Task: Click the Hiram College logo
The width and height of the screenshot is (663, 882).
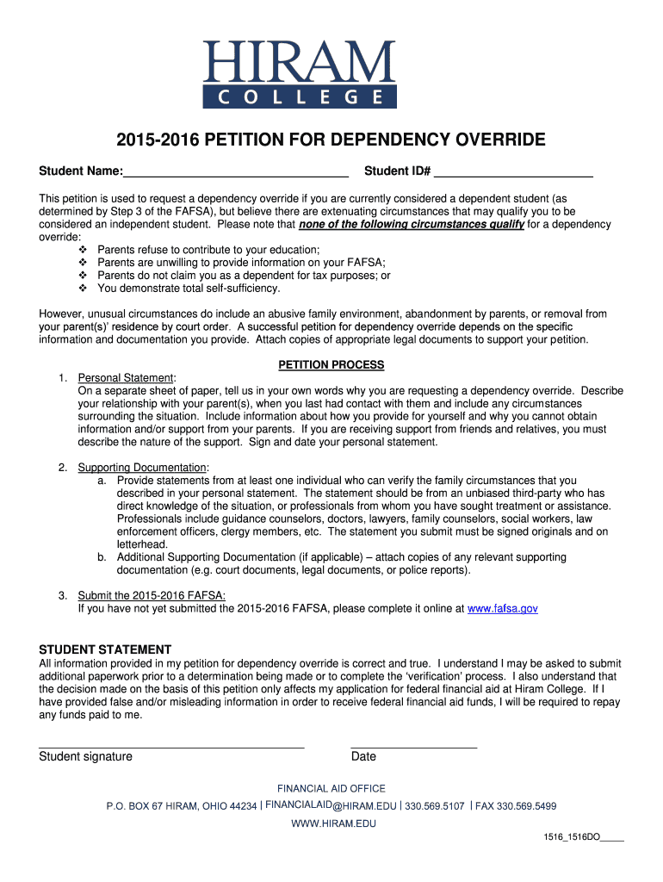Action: [299, 74]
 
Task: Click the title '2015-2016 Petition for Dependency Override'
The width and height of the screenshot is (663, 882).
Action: [331, 140]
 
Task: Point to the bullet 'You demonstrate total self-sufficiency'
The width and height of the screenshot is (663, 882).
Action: [189, 289]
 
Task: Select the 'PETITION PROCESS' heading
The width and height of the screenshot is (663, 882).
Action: [331, 365]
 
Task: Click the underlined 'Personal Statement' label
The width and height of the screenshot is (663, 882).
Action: [126, 378]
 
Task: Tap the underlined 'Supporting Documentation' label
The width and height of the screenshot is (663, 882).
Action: [143, 468]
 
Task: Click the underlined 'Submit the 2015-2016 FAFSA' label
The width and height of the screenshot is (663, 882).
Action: [152, 595]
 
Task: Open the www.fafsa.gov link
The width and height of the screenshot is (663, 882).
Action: [502, 608]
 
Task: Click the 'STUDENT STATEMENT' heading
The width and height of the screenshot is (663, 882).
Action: [105, 649]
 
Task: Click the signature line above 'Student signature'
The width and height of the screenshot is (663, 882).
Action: [171, 746]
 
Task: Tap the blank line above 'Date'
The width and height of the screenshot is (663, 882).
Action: [413, 746]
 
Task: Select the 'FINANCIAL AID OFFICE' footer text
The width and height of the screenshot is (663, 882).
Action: [331, 788]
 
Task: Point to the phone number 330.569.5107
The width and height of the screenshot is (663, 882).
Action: [434, 806]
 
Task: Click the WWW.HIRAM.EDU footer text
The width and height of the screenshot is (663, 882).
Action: [333, 823]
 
